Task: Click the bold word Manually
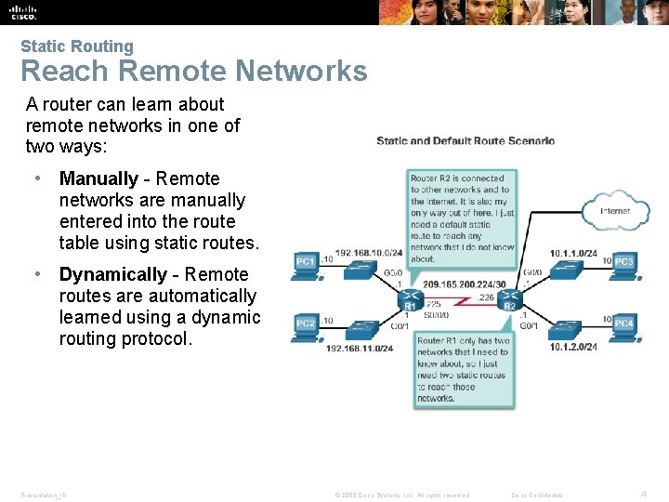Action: [x=98, y=178]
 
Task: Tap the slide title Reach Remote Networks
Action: [x=193, y=71]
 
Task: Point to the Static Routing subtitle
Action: [x=77, y=46]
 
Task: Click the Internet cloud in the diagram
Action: [x=614, y=211]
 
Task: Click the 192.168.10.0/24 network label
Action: [x=369, y=253]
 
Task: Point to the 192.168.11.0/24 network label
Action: [x=360, y=348]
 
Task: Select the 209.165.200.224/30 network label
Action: [x=465, y=284]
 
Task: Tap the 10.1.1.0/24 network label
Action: [x=573, y=253]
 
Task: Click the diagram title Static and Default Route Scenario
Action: [x=465, y=141]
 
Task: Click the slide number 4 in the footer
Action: [x=645, y=494]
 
